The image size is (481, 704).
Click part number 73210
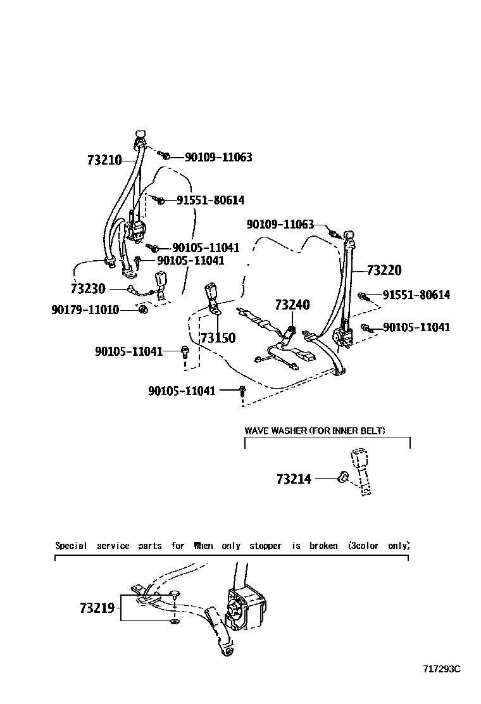(x=104, y=160)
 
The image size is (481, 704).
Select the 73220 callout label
(x=384, y=270)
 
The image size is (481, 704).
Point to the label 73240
(x=292, y=305)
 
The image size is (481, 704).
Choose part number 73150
(x=218, y=338)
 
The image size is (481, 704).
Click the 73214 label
(x=294, y=479)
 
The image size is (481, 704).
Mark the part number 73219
(x=97, y=608)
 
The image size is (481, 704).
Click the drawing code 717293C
(x=443, y=669)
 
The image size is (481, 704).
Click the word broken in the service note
(x=323, y=546)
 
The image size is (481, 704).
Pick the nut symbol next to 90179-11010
(x=143, y=310)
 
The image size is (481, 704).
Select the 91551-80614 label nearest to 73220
(x=416, y=295)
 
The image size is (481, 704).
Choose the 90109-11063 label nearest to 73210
(x=218, y=157)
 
